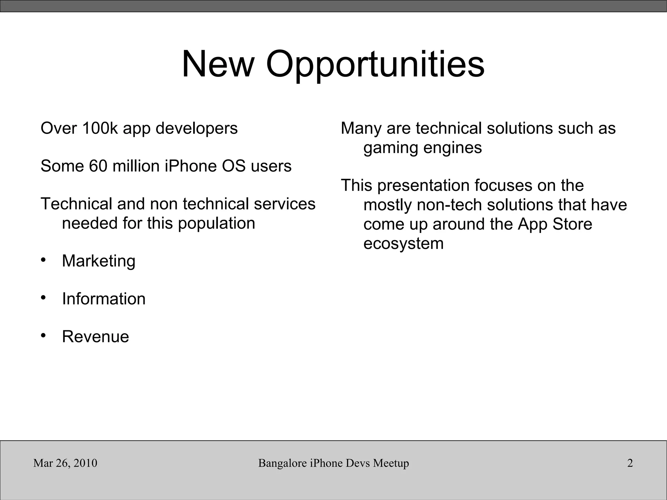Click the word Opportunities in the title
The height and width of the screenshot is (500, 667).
(x=375, y=64)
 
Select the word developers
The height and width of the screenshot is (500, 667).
(x=197, y=129)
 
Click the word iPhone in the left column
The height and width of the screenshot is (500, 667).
(x=191, y=166)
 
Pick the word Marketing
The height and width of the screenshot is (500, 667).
(x=99, y=261)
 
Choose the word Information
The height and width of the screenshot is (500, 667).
(x=104, y=299)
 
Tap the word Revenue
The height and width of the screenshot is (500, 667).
(x=95, y=336)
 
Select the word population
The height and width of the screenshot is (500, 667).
(x=217, y=224)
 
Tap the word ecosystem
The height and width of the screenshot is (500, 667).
(x=404, y=244)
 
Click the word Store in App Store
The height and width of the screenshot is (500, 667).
(x=572, y=224)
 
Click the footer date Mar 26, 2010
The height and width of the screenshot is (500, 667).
(x=65, y=463)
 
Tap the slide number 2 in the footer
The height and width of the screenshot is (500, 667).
(x=630, y=463)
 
